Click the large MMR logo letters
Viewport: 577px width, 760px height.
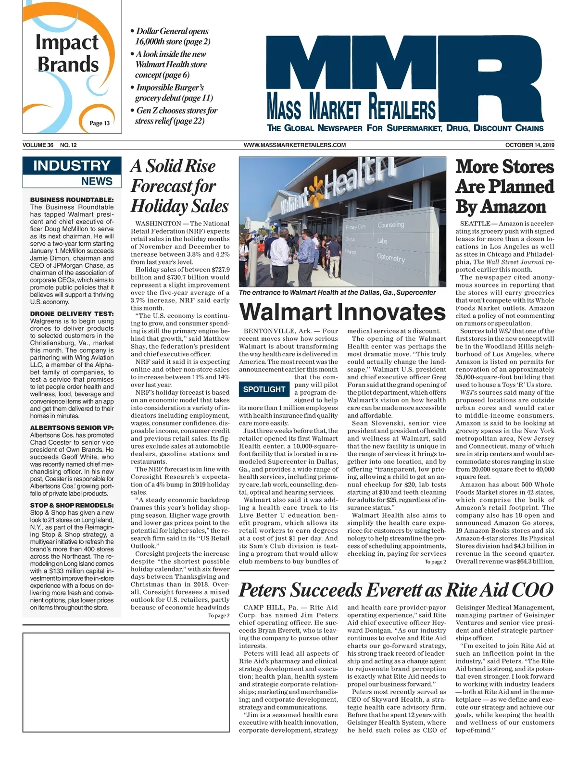pos(404,72)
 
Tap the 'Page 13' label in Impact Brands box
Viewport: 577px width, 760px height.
pos(100,123)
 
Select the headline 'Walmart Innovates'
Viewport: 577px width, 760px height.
pos(342,311)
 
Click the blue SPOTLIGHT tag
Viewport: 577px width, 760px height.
pos(264,389)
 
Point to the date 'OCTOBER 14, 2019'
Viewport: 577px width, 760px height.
pos(529,145)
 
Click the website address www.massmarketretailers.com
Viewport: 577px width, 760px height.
pos(295,145)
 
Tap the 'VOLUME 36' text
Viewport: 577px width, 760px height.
pos(38,145)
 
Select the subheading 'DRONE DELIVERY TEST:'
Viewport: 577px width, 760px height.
pos(72,314)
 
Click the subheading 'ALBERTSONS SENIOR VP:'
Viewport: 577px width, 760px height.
pos(72,428)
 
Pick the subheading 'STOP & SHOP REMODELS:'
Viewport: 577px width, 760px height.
pos(72,505)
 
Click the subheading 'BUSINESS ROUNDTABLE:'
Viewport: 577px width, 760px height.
pos(72,199)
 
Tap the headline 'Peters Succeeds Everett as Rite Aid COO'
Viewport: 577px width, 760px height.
pos(396,590)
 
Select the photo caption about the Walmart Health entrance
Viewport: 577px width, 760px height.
pos(337,292)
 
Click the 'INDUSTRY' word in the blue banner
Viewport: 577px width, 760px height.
pos(72,166)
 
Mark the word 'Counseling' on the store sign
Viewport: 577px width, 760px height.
pos(390,225)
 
